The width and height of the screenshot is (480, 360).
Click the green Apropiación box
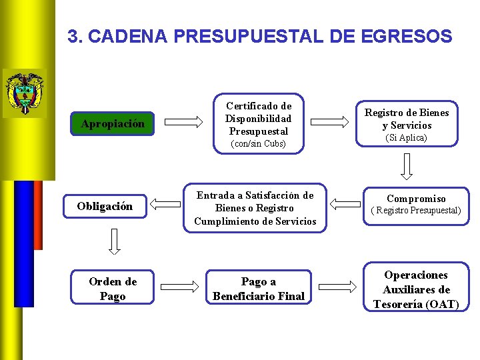(x=112, y=123)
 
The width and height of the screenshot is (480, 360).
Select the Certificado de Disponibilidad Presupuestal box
(x=258, y=123)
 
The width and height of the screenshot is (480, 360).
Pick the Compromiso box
(x=416, y=203)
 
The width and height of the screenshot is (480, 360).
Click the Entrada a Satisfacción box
(x=255, y=208)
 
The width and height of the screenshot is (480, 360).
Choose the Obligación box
(x=105, y=206)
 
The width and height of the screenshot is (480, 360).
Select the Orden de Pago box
(x=112, y=289)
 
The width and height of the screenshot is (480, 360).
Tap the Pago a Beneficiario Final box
(x=258, y=289)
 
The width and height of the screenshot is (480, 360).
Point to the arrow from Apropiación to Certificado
(x=183, y=121)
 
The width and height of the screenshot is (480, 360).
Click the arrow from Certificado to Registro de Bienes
(x=332, y=121)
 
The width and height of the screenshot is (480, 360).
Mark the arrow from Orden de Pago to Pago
(x=183, y=287)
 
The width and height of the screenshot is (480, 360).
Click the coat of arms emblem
(x=25, y=92)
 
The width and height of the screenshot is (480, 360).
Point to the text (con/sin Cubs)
(x=257, y=144)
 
